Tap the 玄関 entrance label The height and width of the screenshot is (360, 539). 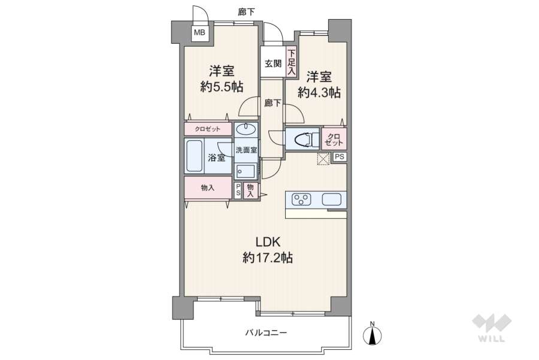pyautogui.click(x=272, y=63)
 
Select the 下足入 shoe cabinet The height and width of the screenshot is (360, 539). pyautogui.click(x=291, y=62)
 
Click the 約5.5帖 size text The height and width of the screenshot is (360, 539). pyautogui.click(x=222, y=87)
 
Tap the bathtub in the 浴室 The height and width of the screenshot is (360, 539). pyautogui.click(x=195, y=157)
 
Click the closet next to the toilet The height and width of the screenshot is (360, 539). pyautogui.click(x=334, y=140)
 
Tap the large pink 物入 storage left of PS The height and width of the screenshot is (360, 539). pyautogui.click(x=207, y=187)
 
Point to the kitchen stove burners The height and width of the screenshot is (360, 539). pyautogui.click(x=301, y=199)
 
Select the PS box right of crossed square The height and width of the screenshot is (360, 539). pyautogui.click(x=340, y=157)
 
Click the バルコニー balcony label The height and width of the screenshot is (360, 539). pyautogui.click(x=265, y=333)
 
